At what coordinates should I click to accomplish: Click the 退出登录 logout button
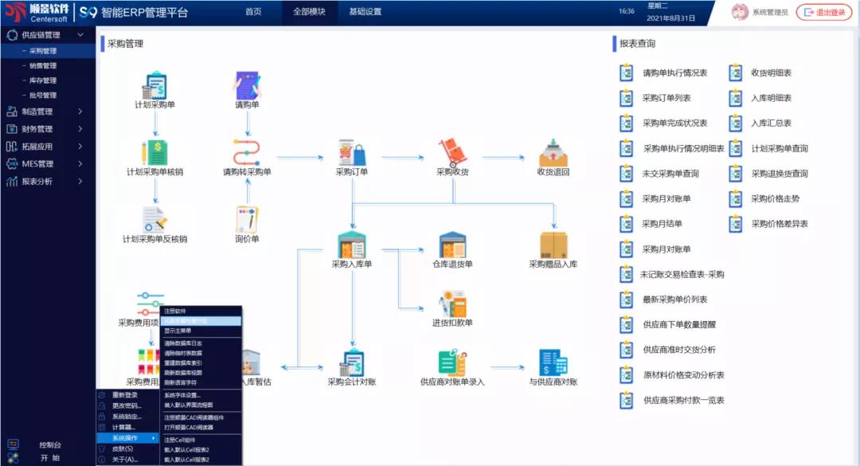[x=824, y=12]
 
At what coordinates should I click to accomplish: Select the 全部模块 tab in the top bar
[x=309, y=12]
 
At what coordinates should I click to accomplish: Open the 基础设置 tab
[x=365, y=12]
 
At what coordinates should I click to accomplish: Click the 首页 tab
[x=253, y=12]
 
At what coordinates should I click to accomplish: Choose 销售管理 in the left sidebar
[x=43, y=66]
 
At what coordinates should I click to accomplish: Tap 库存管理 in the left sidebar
[x=43, y=80]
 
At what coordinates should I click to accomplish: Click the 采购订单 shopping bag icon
[x=351, y=152]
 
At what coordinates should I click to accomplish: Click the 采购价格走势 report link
[x=775, y=198]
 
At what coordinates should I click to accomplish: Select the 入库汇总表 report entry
[x=771, y=123]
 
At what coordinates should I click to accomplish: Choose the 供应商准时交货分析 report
[x=678, y=350]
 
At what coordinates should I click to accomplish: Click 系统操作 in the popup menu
[x=125, y=438]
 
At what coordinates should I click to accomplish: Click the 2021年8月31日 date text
[x=671, y=18]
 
